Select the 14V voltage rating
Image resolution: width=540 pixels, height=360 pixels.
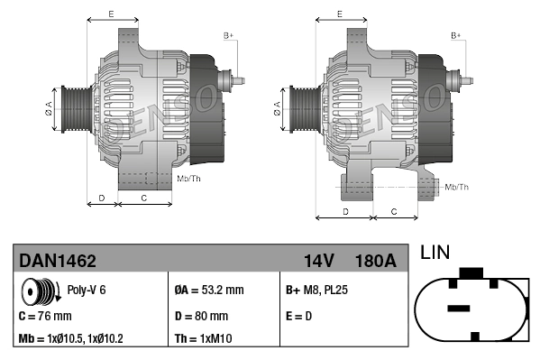tap(319, 261)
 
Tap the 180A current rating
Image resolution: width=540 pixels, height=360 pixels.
tap(376, 261)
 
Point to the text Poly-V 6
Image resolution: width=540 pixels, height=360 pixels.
tap(87, 291)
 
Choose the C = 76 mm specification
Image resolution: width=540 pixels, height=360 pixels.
tap(45, 316)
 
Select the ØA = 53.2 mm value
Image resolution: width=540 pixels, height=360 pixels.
tap(208, 291)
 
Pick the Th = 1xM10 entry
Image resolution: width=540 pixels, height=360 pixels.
tap(204, 340)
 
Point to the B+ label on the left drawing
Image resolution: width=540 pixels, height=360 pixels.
tap(228, 35)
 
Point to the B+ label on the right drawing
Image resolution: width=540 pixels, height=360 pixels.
tap(456, 35)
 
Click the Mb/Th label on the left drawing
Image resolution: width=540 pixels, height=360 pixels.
tap(189, 179)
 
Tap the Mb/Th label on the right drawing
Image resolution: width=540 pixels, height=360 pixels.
tap(457, 187)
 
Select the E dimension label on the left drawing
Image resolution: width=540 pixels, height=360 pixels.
tap(110, 14)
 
